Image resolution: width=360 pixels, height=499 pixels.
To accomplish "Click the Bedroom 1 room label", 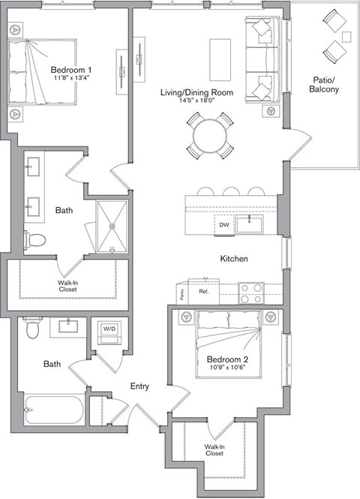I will pyautogui.click(x=72, y=68).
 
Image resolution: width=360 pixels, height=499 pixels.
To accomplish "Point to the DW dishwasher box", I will pyautogui.click(x=223, y=224).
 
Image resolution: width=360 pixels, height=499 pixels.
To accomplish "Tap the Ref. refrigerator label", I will pyautogui.click(x=203, y=291).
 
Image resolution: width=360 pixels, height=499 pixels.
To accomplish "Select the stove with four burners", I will pyautogui.click(x=251, y=291).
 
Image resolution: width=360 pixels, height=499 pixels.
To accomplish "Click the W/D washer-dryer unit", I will pyautogui.click(x=109, y=329).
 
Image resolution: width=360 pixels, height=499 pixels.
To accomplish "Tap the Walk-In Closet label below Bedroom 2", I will pyautogui.click(x=214, y=450).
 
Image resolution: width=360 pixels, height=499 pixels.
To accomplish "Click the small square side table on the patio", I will pyautogui.click(x=346, y=36).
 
